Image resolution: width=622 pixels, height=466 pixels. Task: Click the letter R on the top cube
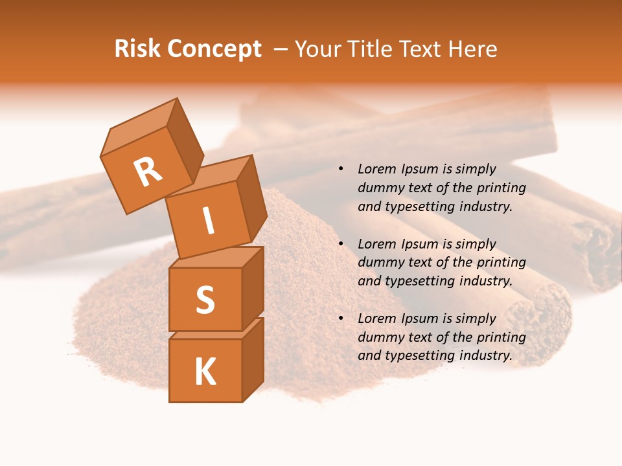click(148, 172)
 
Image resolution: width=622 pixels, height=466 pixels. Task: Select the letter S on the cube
click(205, 300)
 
